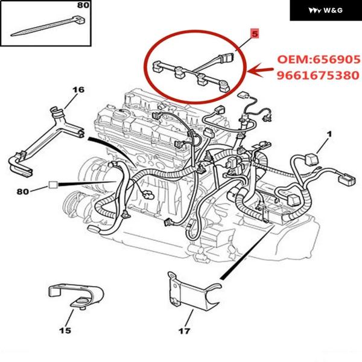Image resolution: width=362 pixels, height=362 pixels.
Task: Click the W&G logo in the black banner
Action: click(x=319, y=11)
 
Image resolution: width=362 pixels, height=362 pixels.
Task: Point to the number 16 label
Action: click(x=78, y=91)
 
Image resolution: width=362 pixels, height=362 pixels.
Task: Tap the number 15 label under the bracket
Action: click(x=65, y=330)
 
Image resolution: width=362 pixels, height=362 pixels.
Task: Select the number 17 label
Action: click(x=185, y=331)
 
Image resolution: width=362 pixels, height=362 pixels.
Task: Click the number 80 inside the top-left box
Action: click(x=83, y=5)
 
